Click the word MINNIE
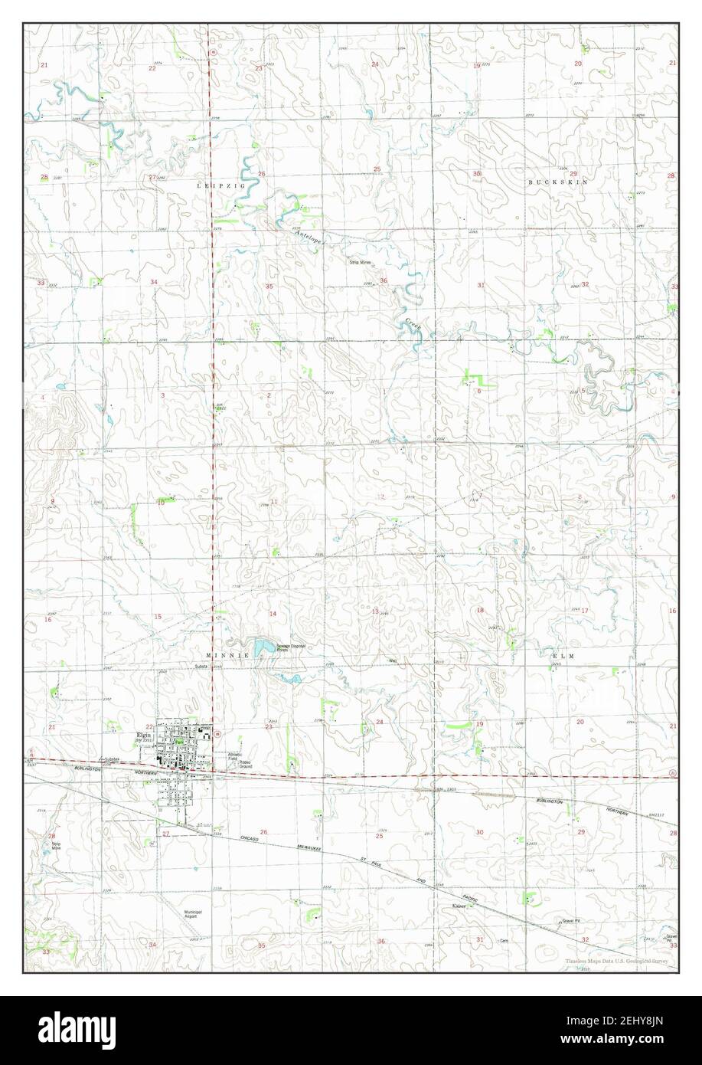(228, 657)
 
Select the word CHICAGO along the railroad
(259, 841)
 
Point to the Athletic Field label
(237, 755)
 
